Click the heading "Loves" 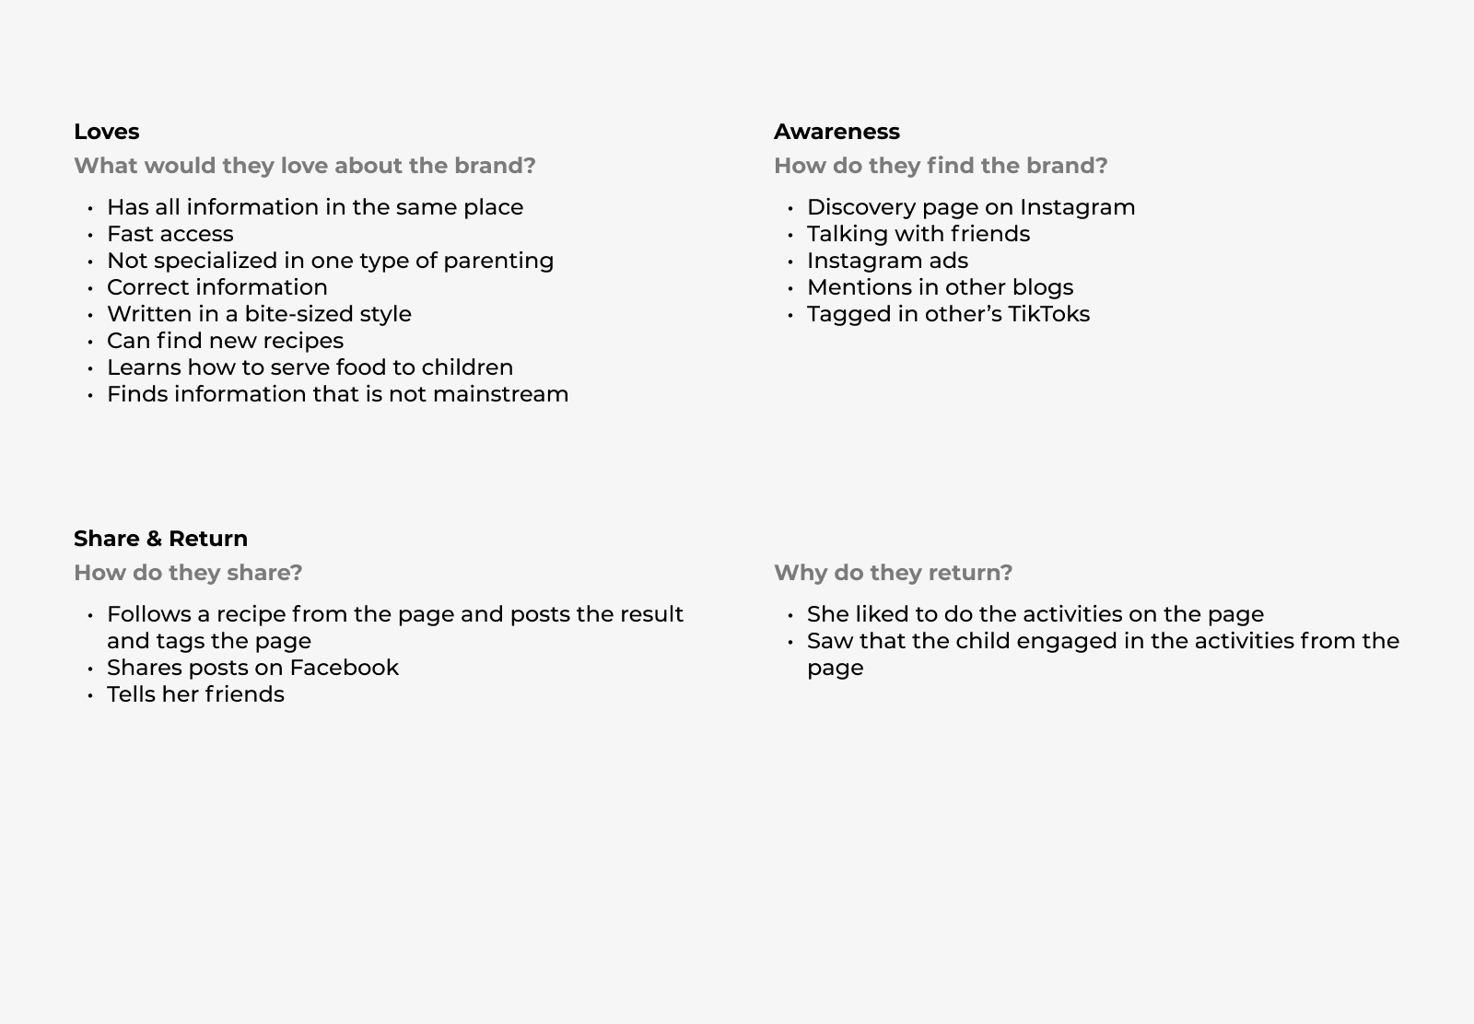[x=106, y=132]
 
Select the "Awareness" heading [x=836, y=132]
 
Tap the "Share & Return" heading [x=160, y=539]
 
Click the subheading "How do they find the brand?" [x=941, y=166]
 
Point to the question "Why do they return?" [x=893, y=573]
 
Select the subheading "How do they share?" [x=188, y=573]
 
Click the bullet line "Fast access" [x=170, y=234]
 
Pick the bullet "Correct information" [x=216, y=287]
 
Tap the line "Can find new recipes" [x=225, y=341]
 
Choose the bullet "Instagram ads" [x=887, y=261]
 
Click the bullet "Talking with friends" [x=918, y=234]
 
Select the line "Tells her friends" [x=195, y=694]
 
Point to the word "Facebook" [x=344, y=668]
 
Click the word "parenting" [x=498, y=261]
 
